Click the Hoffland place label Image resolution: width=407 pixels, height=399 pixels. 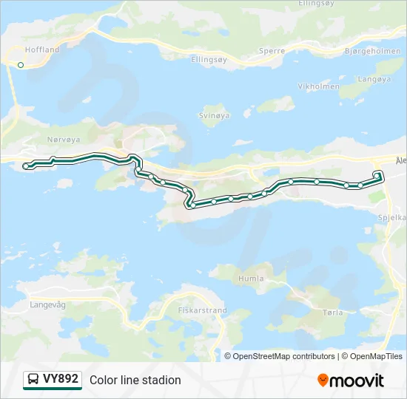[x=41, y=50]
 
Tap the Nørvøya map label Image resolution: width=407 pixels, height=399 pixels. [x=63, y=138]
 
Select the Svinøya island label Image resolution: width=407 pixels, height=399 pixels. [x=215, y=115]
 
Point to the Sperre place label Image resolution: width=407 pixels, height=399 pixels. [x=271, y=51]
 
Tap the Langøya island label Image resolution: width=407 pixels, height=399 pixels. [x=373, y=79]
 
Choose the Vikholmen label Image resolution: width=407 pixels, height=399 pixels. [x=318, y=86]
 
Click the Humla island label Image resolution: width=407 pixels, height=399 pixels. [x=250, y=279]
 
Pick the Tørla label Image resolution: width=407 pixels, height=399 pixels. [x=333, y=313]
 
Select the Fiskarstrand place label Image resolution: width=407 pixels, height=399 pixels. [x=202, y=311]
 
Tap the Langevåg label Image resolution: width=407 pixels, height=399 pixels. [x=48, y=304]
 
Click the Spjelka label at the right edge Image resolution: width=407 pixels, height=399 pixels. [x=392, y=218]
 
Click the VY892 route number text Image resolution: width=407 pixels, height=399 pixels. [x=61, y=379]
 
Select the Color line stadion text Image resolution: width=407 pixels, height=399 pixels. [x=135, y=380]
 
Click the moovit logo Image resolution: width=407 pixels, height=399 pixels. [x=351, y=381]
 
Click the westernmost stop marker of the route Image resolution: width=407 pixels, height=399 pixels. [x=27, y=166]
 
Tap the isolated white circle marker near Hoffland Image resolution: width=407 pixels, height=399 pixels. [x=21, y=65]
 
